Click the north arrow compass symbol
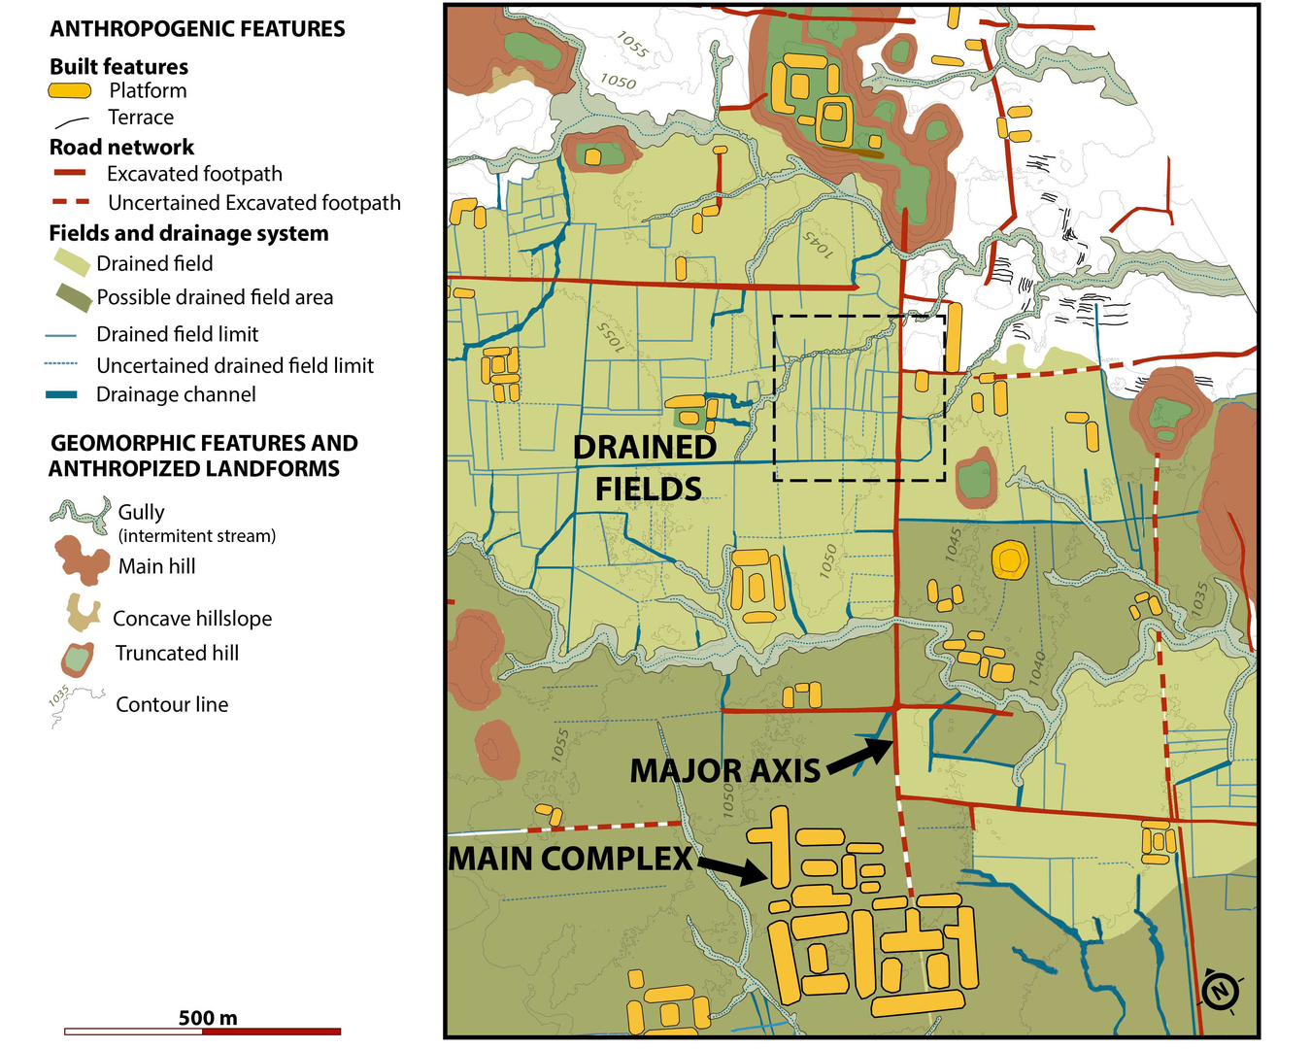coord(1221,991)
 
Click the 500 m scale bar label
coord(207,1018)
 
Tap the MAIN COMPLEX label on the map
coord(570,859)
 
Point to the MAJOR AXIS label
coord(725,771)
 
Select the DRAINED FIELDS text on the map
coord(646,467)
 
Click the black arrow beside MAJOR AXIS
coord(860,757)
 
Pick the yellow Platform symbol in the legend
coord(70,90)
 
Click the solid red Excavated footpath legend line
coord(69,173)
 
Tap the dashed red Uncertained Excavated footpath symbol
coord(69,202)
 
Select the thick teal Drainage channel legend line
coord(61,394)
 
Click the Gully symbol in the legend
coord(80,516)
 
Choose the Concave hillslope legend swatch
coord(82,613)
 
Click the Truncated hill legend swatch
coord(77,659)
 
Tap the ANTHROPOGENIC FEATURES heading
coord(197,29)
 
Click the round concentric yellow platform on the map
coord(1009,558)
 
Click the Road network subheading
coord(121,147)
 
